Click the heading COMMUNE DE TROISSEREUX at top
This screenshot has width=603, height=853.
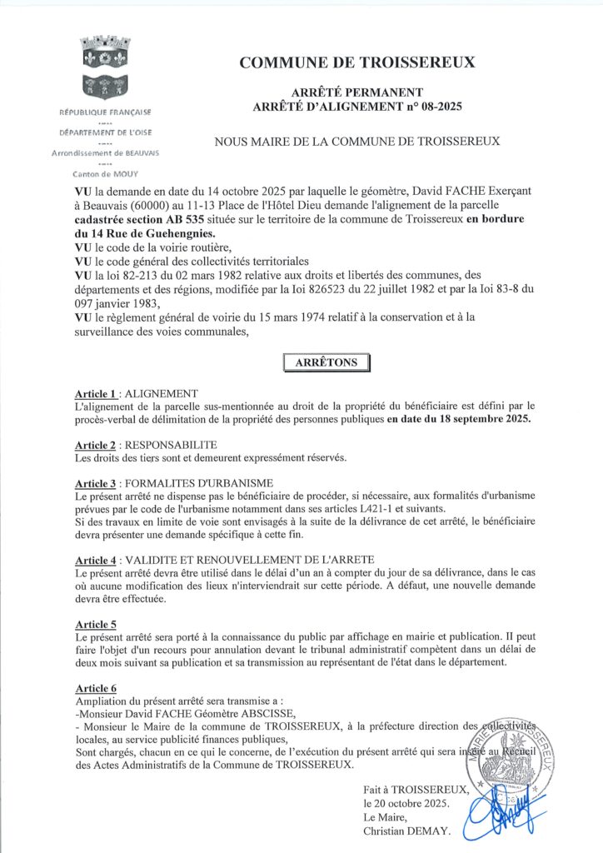[357, 62]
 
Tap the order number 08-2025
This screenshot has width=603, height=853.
[439, 106]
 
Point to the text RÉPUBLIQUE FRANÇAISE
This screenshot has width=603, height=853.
[106, 112]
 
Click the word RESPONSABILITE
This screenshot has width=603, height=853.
[170, 445]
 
